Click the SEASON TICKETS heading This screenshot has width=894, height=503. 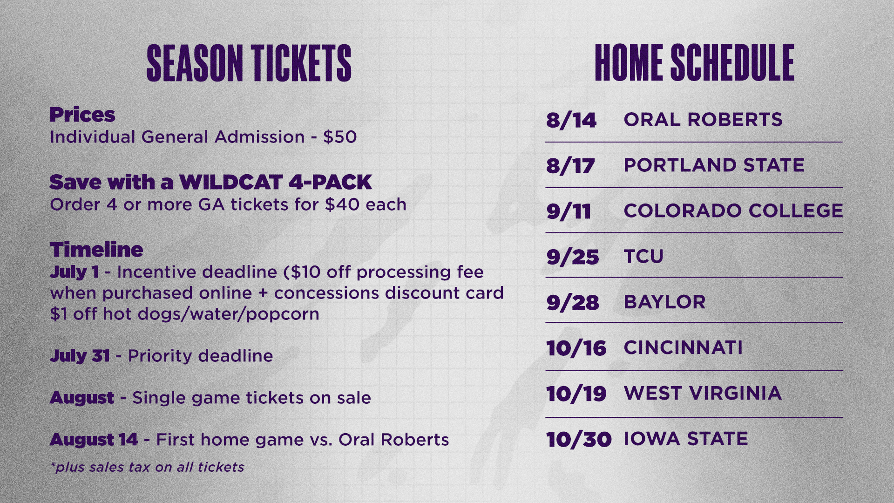[x=249, y=63]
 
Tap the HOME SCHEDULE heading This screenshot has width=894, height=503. [x=694, y=63]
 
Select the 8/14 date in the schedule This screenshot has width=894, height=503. [x=571, y=120]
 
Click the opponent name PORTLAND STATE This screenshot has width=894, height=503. [x=714, y=165]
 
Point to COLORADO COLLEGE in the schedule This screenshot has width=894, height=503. [x=733, y=211]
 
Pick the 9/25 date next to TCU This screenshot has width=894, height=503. [x=573, y=257]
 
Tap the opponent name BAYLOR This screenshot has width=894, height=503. [x=664, y=302]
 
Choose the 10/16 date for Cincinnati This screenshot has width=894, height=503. [x=576, y=348]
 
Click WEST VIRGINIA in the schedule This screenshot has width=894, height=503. [x=703, y=394]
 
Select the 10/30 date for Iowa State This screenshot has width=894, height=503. [x=579, y=440]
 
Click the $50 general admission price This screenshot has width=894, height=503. [x=340, y=137]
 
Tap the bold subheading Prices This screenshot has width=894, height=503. [x=82, y=115]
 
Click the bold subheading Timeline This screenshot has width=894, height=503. [x=96, y=250]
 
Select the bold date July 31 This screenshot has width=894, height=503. [x=80, y=356]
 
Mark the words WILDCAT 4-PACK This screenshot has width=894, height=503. [x=276, y=182]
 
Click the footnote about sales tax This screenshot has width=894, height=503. [x=147, y=467]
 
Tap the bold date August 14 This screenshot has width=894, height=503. [x=94, y=440]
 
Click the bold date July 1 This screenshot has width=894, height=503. [x=74, y=272]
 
